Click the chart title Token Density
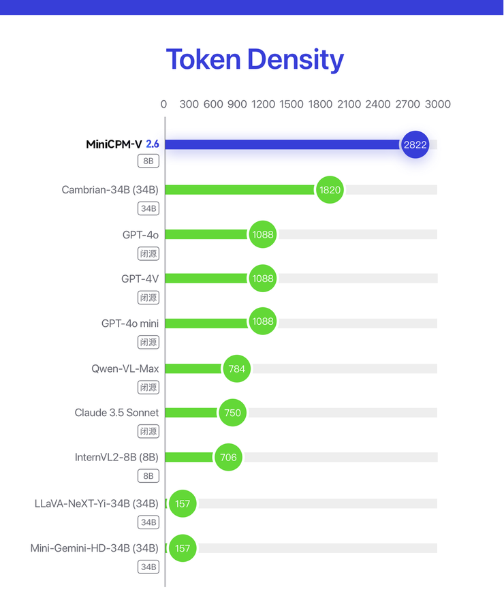point(255,60)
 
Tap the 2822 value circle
point(415,144)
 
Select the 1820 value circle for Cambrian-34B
point(330,190)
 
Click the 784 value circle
point(236,368)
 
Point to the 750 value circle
point(232,413)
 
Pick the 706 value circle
point(228,457)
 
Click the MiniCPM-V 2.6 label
point(123,144)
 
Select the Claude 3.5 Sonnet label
point(116,413)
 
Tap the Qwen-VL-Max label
point(125,368)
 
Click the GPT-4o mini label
point(130,324)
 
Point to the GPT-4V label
point(140,279)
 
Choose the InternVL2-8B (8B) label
point(116,457)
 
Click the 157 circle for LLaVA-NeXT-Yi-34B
point(183,503)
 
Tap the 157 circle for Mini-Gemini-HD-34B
point(183,548)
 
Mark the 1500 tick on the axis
point(292,104)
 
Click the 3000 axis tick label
point(438,104)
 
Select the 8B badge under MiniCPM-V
point(148,161)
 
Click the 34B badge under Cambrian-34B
point(148,208)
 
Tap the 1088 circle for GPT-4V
point(262,279)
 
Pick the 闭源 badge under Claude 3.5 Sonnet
point(148,431)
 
